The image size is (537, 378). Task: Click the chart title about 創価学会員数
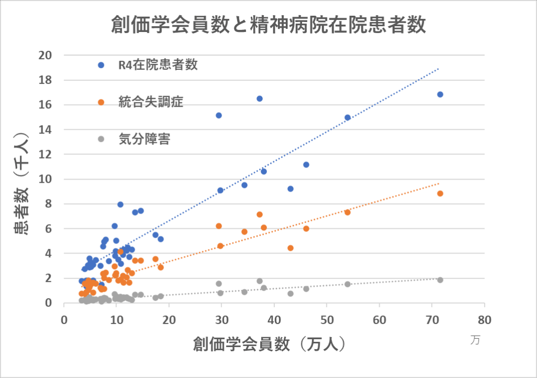tap(268, 25)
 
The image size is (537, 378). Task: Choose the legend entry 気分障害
tap(144, 139)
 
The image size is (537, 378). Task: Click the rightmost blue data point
tap(440, 94)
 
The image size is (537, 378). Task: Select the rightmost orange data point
tap(440, 194)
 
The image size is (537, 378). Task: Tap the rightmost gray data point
tap(440, 280)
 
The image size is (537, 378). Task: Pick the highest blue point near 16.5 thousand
tap(260, 99)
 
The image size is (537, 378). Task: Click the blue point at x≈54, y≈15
tap(348, 118)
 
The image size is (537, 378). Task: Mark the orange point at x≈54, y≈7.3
tap(348, 212)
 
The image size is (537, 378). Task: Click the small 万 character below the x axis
tap(475, 340)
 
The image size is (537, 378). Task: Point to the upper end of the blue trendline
tap(438, 68)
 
